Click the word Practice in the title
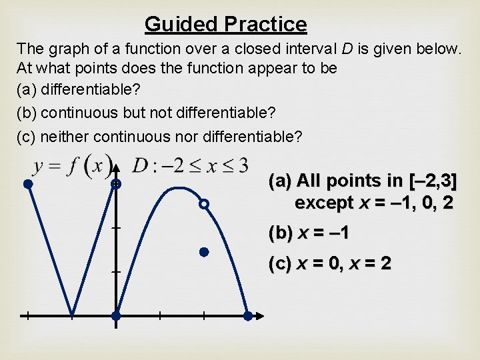click(x=265, y=25)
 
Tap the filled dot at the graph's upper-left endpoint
click(x=28, y=183)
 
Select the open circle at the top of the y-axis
click(x=116, y=183)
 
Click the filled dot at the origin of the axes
click(x=116, y=315)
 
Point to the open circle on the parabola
click(x=205, y=204)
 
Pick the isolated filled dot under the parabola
click(x=205, y=252)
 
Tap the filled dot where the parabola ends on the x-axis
click(x=247, y=316)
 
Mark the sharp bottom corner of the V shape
click(x=72, y=314)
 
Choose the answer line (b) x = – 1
click(x=309, y=233)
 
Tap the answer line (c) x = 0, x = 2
click(x=330, y=263)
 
